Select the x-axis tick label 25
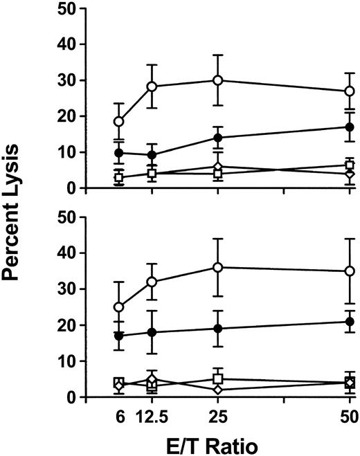[217, 417]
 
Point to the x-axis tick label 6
[118, 417]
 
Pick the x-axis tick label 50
[350, 417]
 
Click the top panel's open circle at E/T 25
[217, 80]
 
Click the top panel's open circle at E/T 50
[350, 91]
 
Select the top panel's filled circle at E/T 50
[350, 127]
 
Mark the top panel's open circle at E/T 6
[118, 121]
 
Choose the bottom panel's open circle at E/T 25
[217, 267]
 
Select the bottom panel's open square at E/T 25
[217, 379]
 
